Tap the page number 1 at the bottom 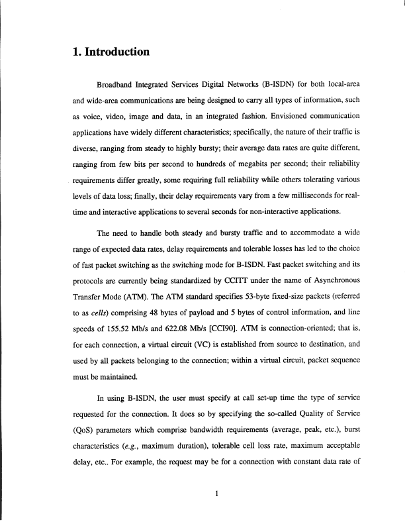tap(216, 494)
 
